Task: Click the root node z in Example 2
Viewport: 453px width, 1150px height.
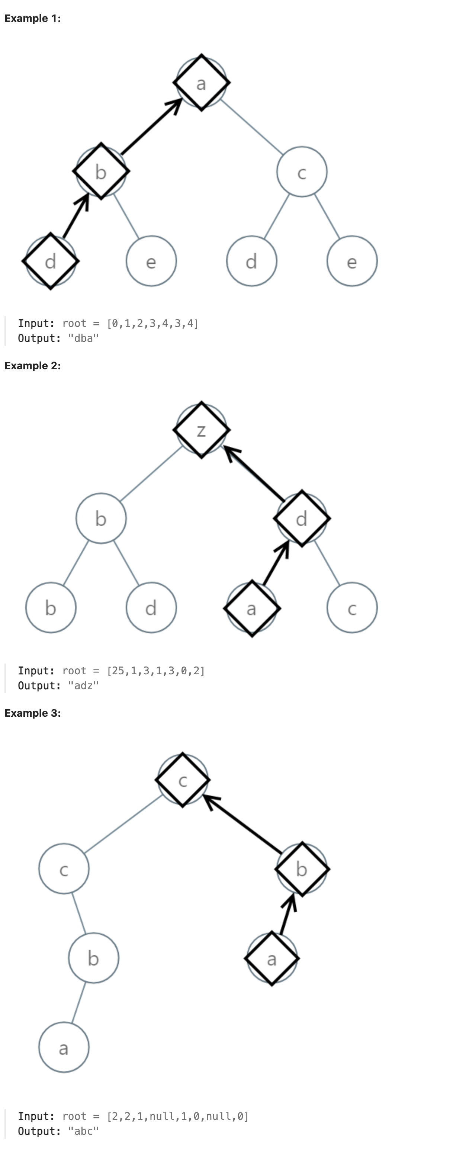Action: click(x=201, y=430)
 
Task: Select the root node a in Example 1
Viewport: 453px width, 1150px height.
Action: click(x=201, y=83)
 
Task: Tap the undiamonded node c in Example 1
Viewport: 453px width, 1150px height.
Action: click(x=302, y=172)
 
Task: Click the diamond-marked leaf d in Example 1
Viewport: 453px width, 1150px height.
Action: click(x=51, y=261)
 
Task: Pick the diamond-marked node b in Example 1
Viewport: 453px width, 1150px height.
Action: click(x=101, y=171)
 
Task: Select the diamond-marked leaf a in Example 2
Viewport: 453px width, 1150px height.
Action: click(x=252, y=608)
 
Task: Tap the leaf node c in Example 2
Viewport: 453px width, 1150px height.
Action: click(x=352, y=608)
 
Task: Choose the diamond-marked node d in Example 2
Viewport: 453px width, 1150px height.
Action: click(x=302, y=518)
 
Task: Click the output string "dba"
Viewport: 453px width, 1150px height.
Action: click(x=83, y=338)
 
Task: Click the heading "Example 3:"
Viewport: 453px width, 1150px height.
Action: click(x=33, y=713)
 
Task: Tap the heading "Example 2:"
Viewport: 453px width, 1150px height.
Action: click(x=33, y=366)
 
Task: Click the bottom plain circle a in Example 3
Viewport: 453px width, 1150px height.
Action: click(x=64, y=1047)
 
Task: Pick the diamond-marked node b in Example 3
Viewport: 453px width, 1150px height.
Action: click(x=302, y=869)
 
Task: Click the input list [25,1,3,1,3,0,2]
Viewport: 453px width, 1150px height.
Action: click(x=155, y=671)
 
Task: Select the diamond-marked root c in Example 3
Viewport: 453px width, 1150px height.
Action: click(x=183, y=780)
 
